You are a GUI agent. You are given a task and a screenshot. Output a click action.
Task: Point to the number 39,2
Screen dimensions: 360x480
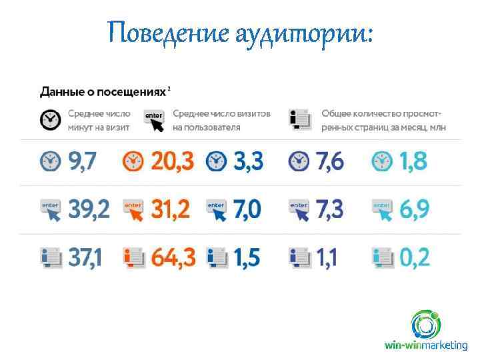(89, 209)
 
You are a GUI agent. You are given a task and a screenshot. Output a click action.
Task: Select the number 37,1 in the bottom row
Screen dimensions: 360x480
(85, 257)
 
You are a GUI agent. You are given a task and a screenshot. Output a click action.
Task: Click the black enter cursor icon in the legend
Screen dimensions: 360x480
(154, 120)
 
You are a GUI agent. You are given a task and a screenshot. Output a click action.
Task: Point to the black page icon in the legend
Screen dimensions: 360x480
(300, 120)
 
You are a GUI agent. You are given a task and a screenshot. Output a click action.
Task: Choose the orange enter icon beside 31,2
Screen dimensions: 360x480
(133, 209)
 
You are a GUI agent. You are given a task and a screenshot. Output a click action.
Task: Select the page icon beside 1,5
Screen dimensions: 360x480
(217, 257)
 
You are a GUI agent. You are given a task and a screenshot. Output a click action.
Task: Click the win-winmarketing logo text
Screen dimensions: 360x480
(426, 345)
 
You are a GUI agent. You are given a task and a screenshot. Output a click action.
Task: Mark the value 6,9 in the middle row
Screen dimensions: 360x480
(414, 209)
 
